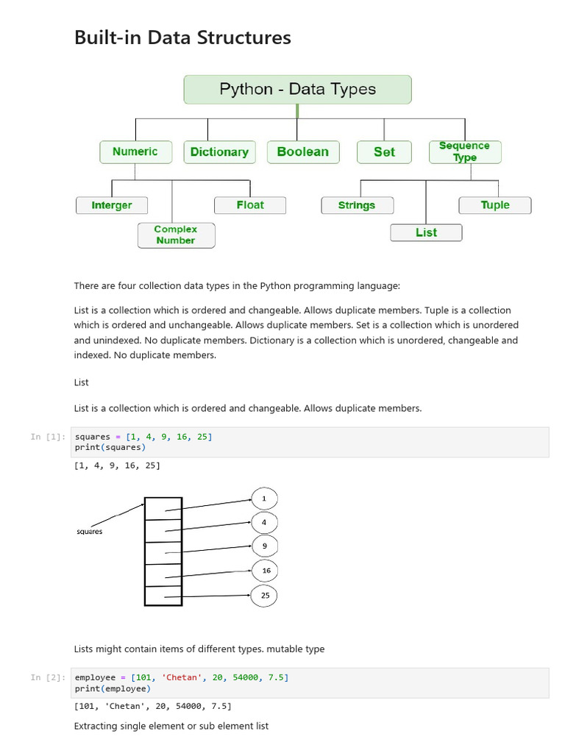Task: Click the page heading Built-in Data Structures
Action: pyautogui.click(x=182, y=38)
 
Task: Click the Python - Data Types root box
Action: pyautogui.click(x=297, y=90)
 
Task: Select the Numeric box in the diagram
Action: pyautogui.click(x=135, y=151)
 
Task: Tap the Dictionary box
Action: pyautogui.click(x=219, y=152)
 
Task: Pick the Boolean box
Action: pyautogui.click(x=302, y=152)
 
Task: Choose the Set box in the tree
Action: pyautogui.click(x=384, y=152)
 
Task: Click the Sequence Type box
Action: pyautogui.click(x=464, y=152)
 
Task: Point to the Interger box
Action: pyautogui.click(x=112, y=205)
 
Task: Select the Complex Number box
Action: pyautogui.click(x=176, y=235)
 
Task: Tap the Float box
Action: pyautogui.click(x=250, y=205)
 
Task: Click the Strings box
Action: pyautogui.click(x=357, y=205)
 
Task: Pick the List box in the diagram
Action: pyautogui.click(x=426, y=232)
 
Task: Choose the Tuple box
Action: pyautogui.click(x=495, y=205)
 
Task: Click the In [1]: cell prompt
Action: pyautogui.click(x=47, y=437)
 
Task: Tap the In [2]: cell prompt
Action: pyautogui.click(x=47, y=677)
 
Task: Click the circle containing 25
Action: pyautogui.click(x=265, y=596)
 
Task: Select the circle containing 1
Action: pyautogui.click(x=265, y=499)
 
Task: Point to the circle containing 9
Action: pyautogui.click(x=265, y=546)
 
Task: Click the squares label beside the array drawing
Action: pyautogui.click(x=90, y=532)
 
